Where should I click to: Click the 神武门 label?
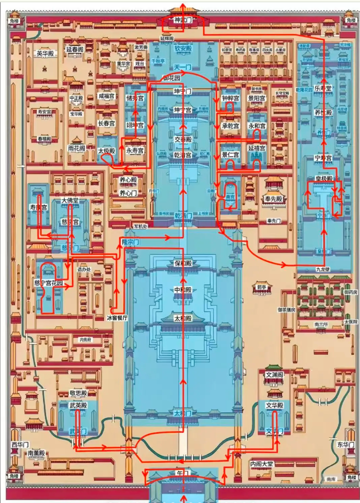183,20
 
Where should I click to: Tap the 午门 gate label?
183,474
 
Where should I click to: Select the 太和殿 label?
183,318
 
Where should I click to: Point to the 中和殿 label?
183,290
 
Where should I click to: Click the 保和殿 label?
183,263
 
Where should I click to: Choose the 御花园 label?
171,78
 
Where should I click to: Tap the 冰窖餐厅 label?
117,318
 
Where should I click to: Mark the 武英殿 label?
78,405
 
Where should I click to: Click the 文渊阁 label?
274,375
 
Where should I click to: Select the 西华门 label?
20,444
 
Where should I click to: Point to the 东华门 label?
346,444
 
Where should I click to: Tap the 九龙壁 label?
323,269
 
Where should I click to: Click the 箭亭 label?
262,287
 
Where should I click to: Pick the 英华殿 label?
45,53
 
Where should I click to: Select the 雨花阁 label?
76,148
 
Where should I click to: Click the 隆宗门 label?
130,242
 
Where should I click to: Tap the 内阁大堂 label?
262,464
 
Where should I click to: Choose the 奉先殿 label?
274,199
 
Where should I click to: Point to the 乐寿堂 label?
323,88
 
